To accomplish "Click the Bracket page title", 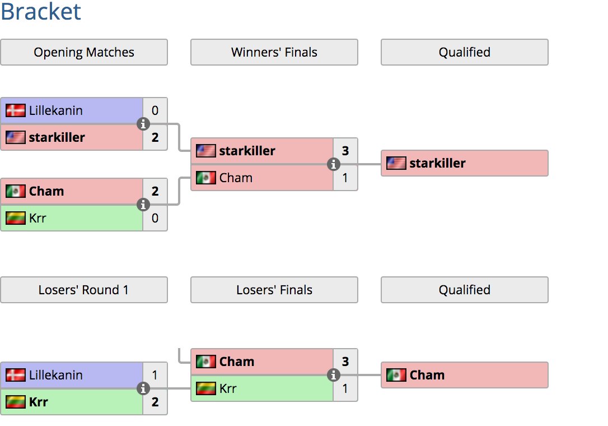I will [41, 12].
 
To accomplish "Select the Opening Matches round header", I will [84, 52].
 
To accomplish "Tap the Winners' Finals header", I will [274, 52].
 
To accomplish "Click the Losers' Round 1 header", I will [84, 290].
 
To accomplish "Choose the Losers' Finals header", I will [274, 290].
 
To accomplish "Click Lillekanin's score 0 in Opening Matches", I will [155, 110].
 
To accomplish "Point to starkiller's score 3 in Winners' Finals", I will [345, 151].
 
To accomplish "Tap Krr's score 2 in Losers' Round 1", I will [155, 402].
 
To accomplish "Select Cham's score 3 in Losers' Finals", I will [345, 362].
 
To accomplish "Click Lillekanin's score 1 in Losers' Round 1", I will [155, 375].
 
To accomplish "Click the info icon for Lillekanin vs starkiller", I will [143, 124].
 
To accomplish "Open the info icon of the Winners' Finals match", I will [334, 164].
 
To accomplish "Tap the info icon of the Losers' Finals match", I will [334, 375].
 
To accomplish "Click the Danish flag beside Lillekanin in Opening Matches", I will [16, 110].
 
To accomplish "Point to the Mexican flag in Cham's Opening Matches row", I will [16, 191].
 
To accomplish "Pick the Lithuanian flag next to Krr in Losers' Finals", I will [206, 388].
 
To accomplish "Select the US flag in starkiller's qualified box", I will [396, 163].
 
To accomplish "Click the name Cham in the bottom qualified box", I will [427, 375].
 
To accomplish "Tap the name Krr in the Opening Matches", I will [38, 218].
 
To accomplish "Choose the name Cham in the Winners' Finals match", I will [236, 178].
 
